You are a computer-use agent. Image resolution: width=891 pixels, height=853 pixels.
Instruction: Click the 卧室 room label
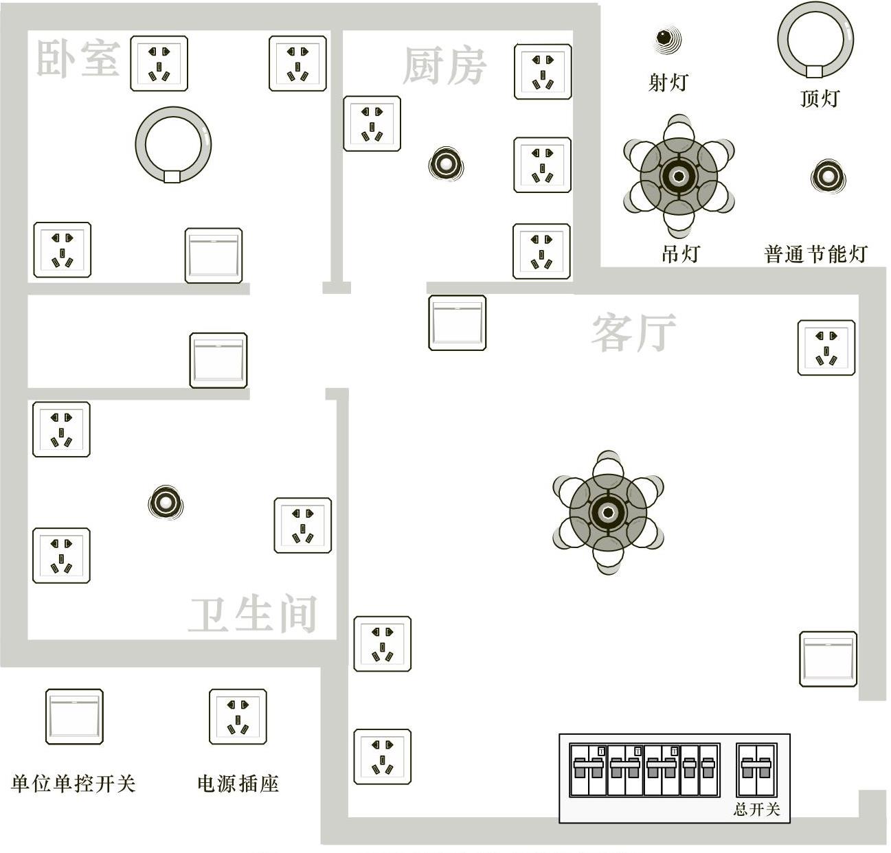pyautogui.click(x=78, y=58)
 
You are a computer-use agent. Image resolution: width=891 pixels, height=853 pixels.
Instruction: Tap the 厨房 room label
pyautogui.click(x=444, y=66)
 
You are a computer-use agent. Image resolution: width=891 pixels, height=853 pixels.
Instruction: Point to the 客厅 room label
pyautogui.click(x=633, y=333)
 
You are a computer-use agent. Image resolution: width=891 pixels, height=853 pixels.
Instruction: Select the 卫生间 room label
pyautogui.click(x=253, y=614)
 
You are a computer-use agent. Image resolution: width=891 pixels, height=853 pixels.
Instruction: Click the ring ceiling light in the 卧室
pyautogui.click(x=173, y=145)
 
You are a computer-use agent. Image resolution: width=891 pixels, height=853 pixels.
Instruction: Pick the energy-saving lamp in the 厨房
pyautogui.click(x=446, y=164)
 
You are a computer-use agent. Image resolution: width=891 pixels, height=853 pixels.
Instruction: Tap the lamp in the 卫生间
pyautogui.click(x=166, y=503)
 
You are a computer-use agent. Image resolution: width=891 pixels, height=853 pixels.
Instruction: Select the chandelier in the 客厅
pyautogui.click(x=608, y=512)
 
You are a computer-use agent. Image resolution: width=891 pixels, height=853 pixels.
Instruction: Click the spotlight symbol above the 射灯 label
pyautogui.click(x=666, y=38)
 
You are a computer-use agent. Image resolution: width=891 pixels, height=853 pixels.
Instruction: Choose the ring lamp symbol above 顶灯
pyautogui.click(x=815, y=40)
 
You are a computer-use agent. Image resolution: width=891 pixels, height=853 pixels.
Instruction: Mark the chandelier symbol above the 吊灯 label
pyautogui.click(x=679, y=176)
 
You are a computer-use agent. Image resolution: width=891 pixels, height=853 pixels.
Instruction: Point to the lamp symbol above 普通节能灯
pyautogui.click(x=828, y=177)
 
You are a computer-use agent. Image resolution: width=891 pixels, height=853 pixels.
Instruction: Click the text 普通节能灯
pyautogui.click(x=815, y=254)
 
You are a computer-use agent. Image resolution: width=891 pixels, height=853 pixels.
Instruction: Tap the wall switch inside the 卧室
pyautogui.click(x=214, y=255)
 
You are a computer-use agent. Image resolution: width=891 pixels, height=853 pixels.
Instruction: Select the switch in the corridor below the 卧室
pyautogui.click(x=218, y=361)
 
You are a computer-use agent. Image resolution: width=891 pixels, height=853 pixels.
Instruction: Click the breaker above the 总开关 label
pyautogui.click(x=756, y=769)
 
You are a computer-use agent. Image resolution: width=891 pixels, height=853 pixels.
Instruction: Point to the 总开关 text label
pyautogui.click(x=756, y=809)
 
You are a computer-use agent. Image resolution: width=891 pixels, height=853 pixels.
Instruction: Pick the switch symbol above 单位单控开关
pyautogui.click(x=74, y=717)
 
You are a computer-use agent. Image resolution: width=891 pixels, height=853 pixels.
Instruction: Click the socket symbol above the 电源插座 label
pyautogui.click(x=238, y=717)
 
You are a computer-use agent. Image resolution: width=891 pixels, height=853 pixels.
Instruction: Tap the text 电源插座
pyautogui.click(x=238, y=783)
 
